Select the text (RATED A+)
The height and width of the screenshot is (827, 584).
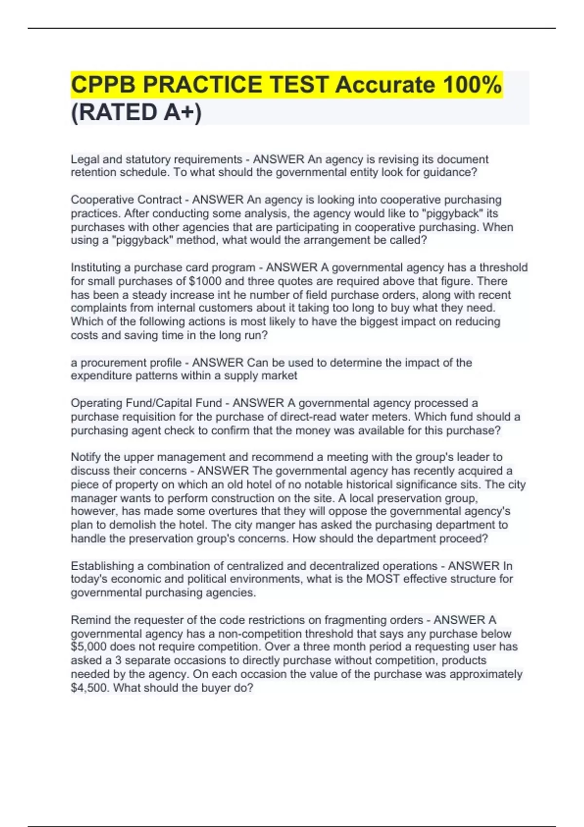coord(136,112)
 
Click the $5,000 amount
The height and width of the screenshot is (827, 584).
coord(89,647)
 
